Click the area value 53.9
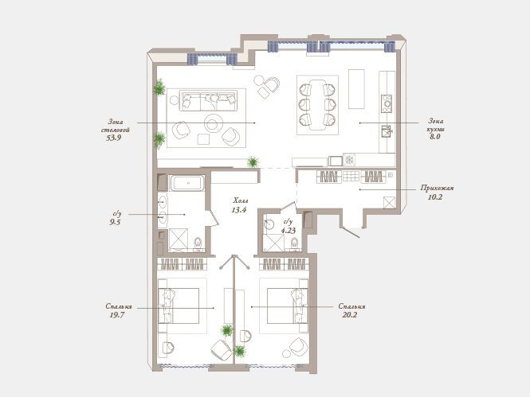(x=113, y=138)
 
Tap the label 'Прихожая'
(x=437, y=189)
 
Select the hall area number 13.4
(x=238, y=210)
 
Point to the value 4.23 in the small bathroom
(x=289, y=231)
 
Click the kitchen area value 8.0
(x=434, y=137)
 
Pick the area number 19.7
(x=117, y=315)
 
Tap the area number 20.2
(x=350, y=315)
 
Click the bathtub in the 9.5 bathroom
(x=187, y=183)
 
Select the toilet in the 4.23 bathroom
(x=294, y=243)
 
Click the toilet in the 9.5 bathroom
(x=198, y=243)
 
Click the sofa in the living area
(x=207, y=100)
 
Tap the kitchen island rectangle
(x=356, y=89)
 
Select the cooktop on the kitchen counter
(x=387, y=103)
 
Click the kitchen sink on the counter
(x=386, y=131)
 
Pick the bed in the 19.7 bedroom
(x=179, y=306)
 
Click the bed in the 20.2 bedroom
(x=287, y=306)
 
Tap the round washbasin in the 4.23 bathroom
(x=269, y=224)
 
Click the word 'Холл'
(x=241, y=201)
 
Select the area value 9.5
(x=115, y=222)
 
